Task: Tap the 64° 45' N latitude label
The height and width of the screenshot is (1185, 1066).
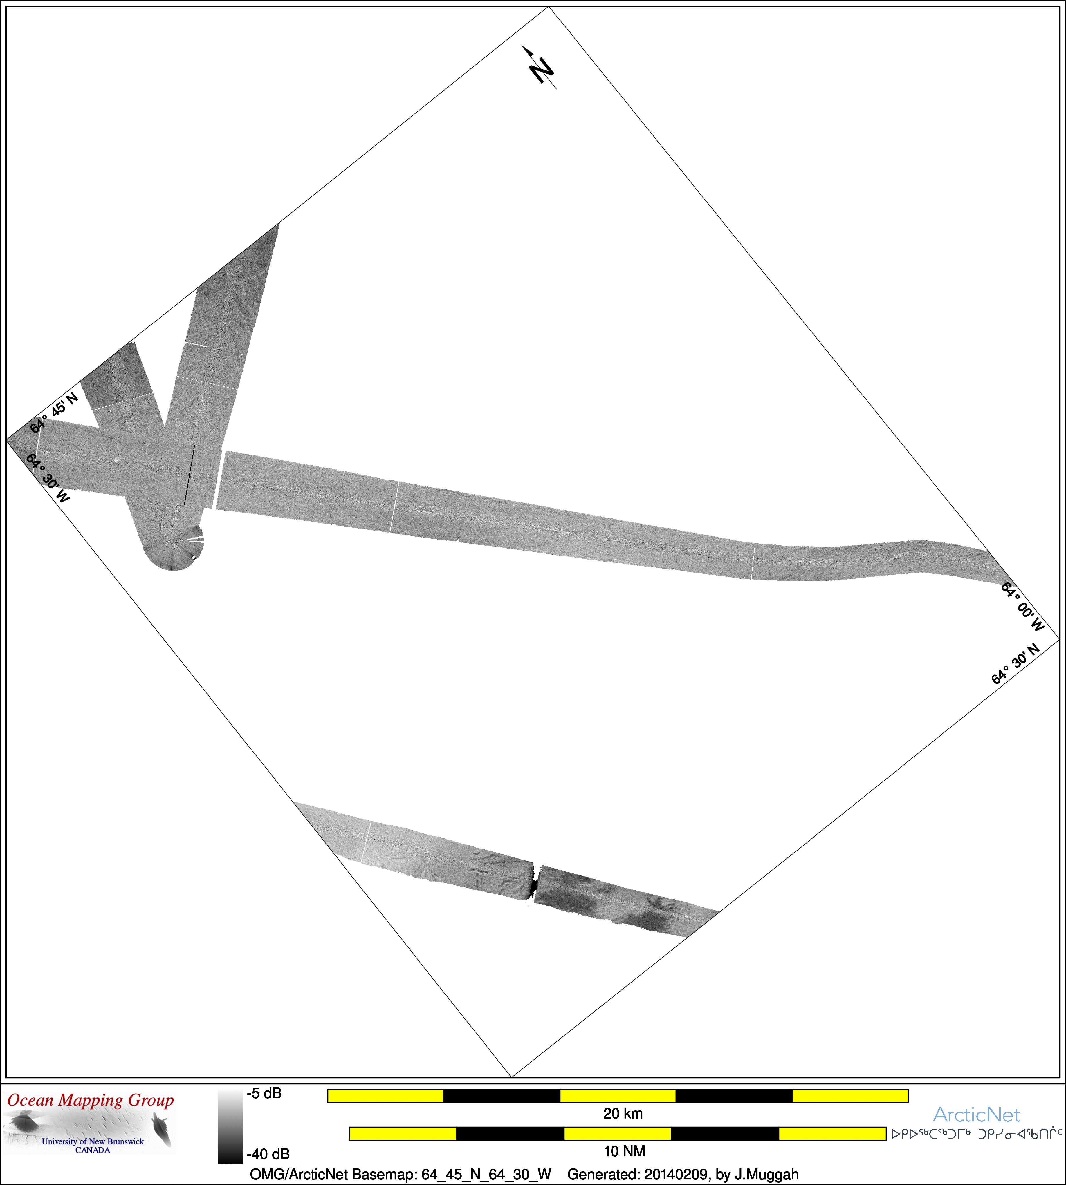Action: [x=54, y=413]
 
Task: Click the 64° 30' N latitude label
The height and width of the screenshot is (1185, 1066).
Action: [x=1015, y=663]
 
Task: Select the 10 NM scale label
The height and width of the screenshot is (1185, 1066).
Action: [x=624, y=1151]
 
